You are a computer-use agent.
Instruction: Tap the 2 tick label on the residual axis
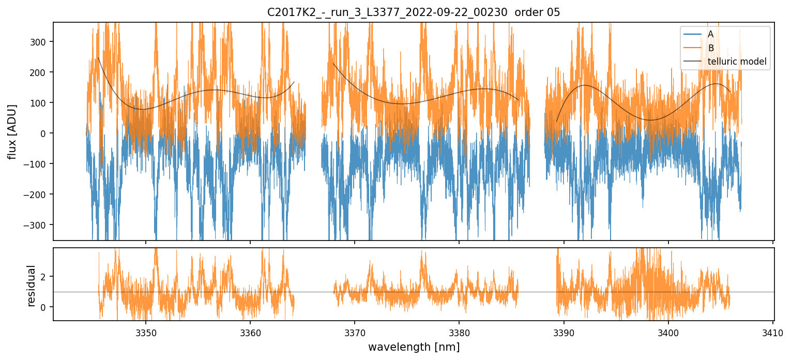44,277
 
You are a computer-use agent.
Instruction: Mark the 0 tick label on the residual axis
44,307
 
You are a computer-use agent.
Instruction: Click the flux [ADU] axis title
12,131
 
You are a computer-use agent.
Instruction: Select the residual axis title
32,286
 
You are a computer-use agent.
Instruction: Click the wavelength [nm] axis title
414,347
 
